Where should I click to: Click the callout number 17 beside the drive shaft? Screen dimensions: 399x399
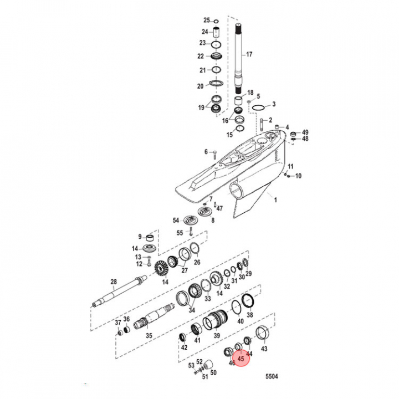[x=249, y=54]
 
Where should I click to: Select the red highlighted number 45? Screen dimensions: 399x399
[x=241, y=359]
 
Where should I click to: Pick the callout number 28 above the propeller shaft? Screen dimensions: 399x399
[x=113, y=282]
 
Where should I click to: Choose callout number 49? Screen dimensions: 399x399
[x=305, y=132]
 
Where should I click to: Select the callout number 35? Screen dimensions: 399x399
[x=149, y=336]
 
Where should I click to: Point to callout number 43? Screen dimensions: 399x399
[x=264, y=349]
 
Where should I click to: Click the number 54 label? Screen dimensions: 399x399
[x=176, y=220]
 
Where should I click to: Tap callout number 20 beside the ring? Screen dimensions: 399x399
[x=200, y=86]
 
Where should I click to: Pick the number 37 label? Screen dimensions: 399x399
[x=117, y=323]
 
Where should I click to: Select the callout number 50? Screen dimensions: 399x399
[x=213, y=373]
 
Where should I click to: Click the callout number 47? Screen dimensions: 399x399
[x=219, y=208]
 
